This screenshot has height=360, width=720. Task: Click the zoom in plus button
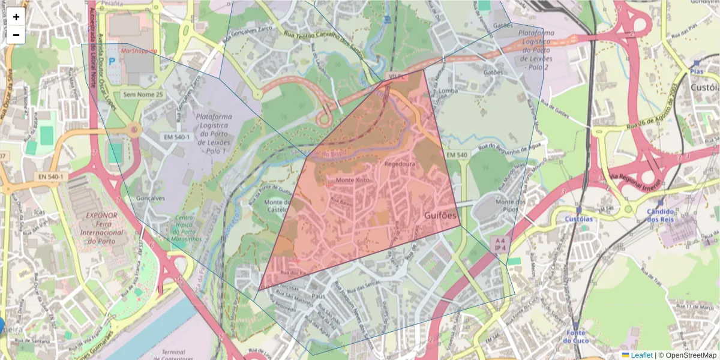click(x=16, y=17)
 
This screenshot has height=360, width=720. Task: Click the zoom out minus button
click(x=16, y=35)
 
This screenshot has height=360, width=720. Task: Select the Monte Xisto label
click(x=353, y=180)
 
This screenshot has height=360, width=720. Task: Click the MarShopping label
click(x=138, y=51)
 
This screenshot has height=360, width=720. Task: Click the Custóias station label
click(x=578, y=219)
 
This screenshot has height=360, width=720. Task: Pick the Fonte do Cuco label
click(x=576, y=337)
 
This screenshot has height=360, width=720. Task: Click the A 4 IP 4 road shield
click(x=499, y=244)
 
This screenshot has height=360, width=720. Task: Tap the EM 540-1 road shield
click(x=176, y=137)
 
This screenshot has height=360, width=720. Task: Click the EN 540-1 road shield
click(x=52, y=176)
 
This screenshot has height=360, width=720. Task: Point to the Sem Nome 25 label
click(x=143, y=95)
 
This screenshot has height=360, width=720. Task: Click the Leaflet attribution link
click(x=641, y=355)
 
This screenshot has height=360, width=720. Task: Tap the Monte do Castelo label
click(x=278, y=207)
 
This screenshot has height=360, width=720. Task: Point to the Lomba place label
click(x=448, y=91)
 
